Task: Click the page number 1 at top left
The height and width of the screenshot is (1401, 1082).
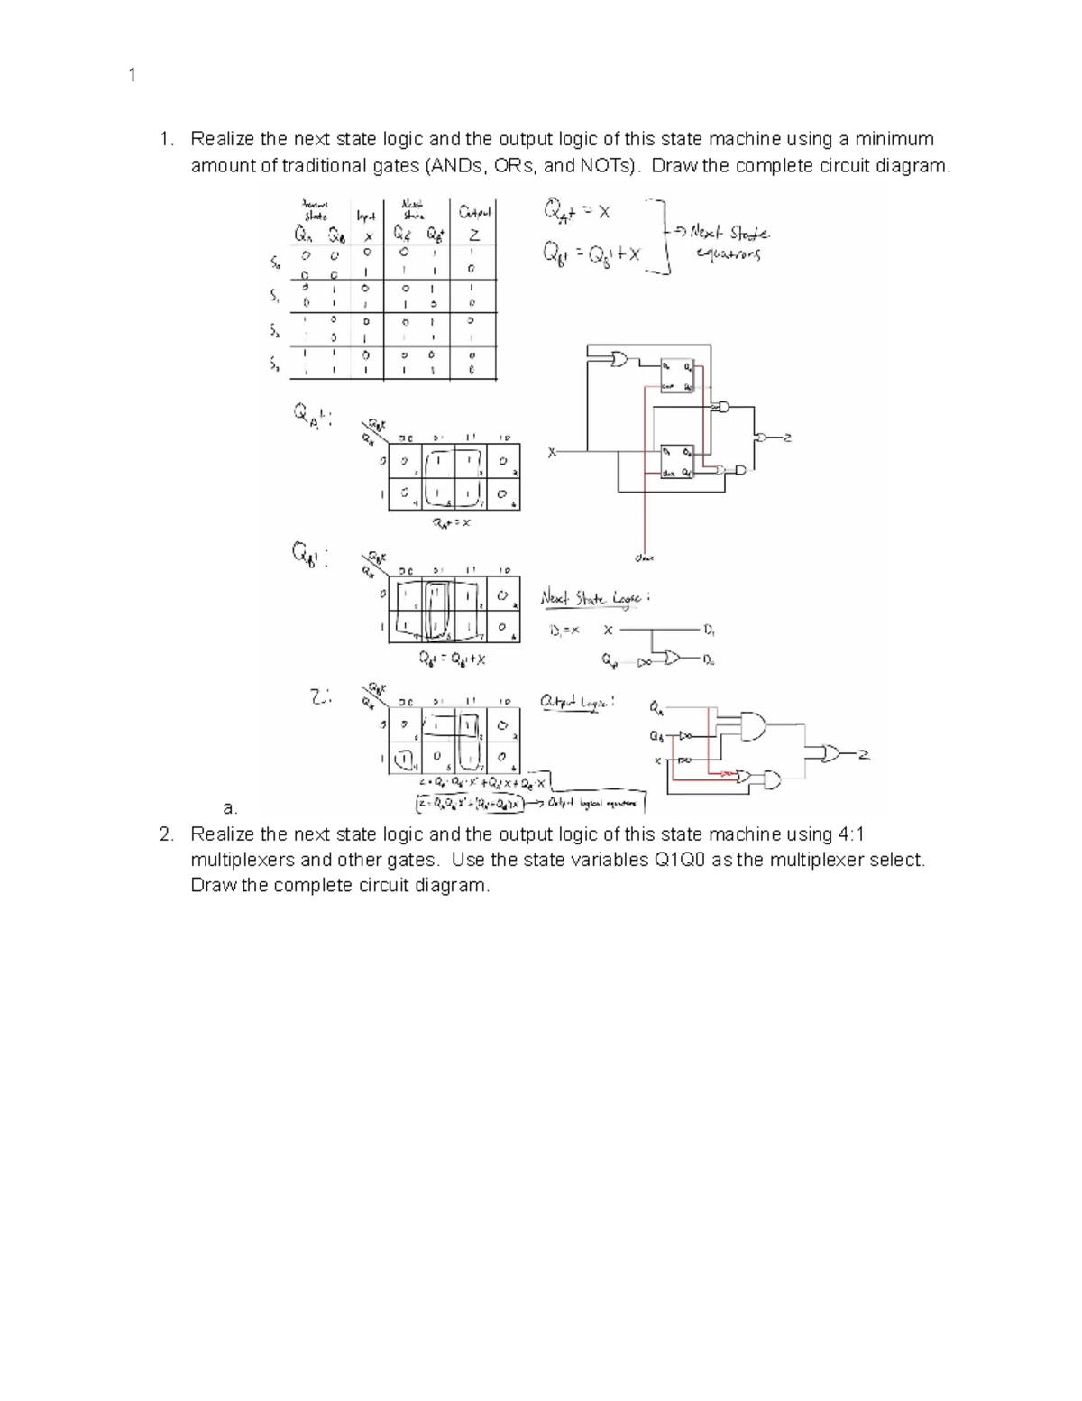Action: (x=132, y=76)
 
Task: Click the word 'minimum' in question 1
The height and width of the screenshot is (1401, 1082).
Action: (x=894, y=139)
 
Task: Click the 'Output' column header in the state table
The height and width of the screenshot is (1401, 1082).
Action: (x=474, y=214)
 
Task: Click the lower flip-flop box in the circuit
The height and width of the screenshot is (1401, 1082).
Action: (x=677, y=461)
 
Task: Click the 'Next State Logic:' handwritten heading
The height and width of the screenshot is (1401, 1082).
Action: (x=595, y=597)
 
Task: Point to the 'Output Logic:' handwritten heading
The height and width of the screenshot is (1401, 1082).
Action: (x=577, y=702)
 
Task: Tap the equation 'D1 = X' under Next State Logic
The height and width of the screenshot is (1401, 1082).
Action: (x=565, y=631)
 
